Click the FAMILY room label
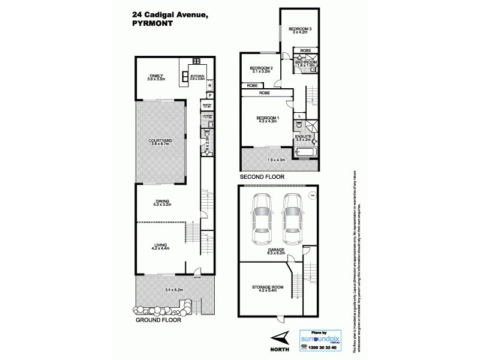point(157,76)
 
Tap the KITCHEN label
point(198,76)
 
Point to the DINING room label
point(161,201)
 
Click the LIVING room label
point(161,245)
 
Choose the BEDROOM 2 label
point(262,68)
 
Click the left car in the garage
point(262,217)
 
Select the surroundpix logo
point(320,340)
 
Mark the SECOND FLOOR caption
point(262,178)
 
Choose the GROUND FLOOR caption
point(158,320)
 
